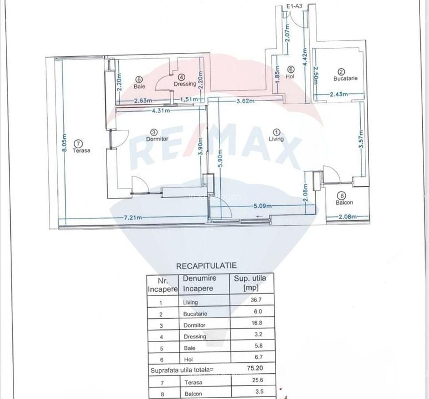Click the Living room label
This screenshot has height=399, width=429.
click(276, 139)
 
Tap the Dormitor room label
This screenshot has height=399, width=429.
click(157, 139)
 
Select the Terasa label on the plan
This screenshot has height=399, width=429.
click(82, 150)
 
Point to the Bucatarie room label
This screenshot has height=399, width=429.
click(345, 78)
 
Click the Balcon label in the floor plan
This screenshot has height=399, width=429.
click(344, 203)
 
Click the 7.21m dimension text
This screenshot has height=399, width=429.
click(133, 217)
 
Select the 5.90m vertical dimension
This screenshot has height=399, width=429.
click(220, 159)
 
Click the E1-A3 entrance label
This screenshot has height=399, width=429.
click(294, 7)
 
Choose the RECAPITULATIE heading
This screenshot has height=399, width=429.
click(206, 266)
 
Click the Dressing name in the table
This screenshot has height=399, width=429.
click(195, 336)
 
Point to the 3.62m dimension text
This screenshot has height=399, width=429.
click(246, 101)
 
